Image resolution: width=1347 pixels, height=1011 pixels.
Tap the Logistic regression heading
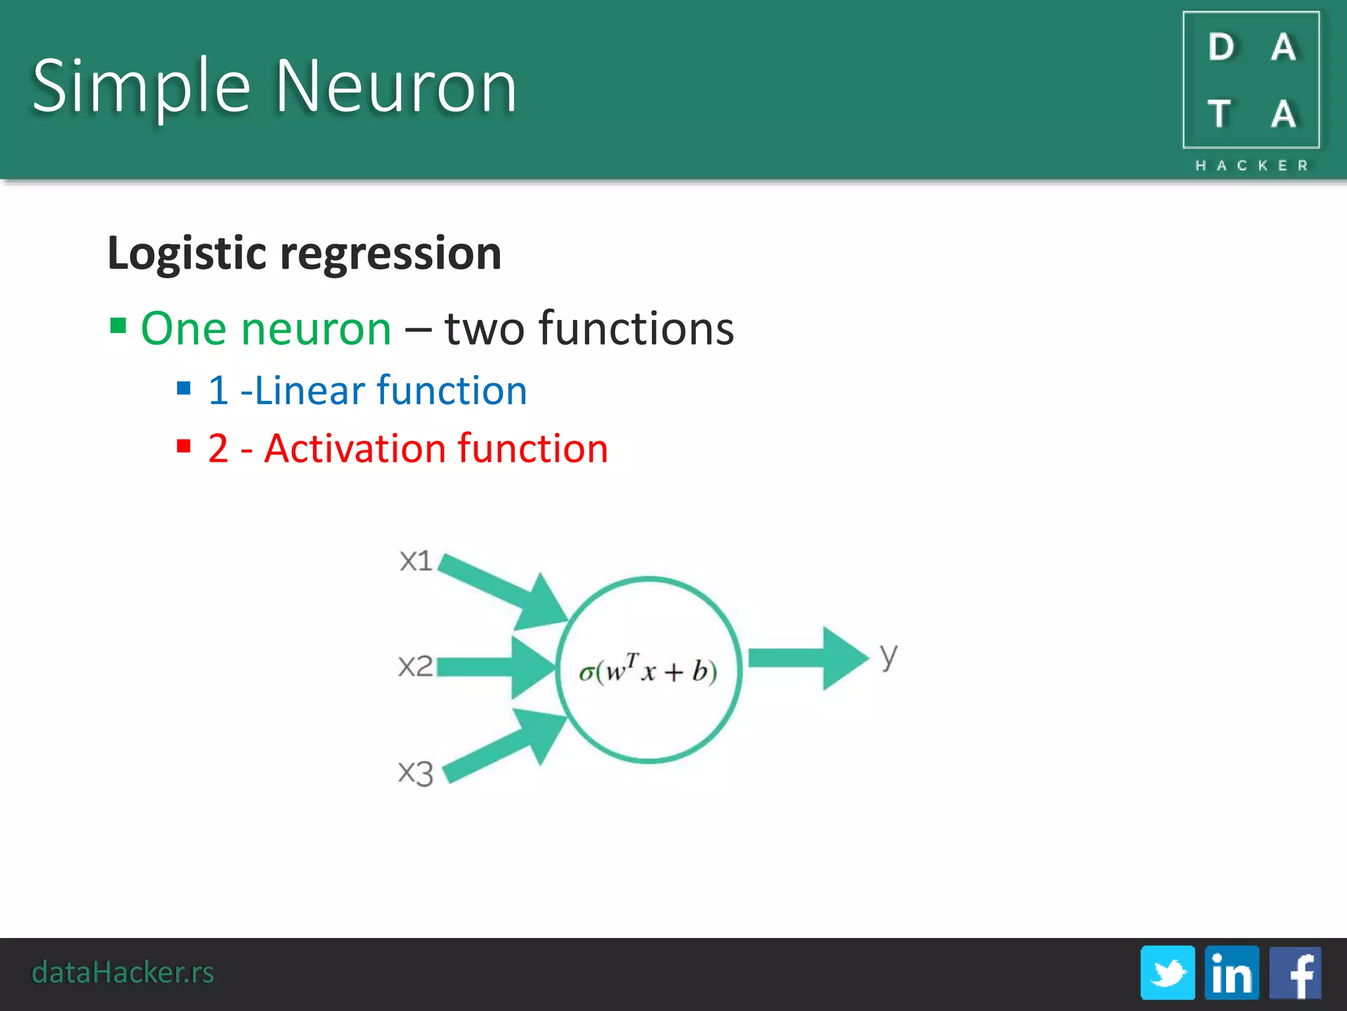tap(304, 253)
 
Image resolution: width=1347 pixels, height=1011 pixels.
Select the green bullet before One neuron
tap(118, 326)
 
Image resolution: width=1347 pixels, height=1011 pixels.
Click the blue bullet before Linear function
tap(184, 388)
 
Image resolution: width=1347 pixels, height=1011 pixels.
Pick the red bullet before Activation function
tap(184, 447)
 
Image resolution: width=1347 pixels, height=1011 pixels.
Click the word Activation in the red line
tap(355, 449)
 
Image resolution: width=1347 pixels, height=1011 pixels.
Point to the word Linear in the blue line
tap(310, 391)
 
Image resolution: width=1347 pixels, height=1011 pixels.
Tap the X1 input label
tap(416, 561)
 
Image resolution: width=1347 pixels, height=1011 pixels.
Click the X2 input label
tap(416, 666)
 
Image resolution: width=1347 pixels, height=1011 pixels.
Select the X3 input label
tap(416, 773)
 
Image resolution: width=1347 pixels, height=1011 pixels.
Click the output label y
tap(889, 656)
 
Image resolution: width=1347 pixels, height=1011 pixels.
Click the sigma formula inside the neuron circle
tap(648, 671)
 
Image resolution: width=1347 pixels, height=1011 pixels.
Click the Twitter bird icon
tap(1167, 973)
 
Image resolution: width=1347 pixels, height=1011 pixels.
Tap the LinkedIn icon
tap(1231, 973)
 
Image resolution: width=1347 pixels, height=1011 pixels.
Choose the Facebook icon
tap(1295, 973)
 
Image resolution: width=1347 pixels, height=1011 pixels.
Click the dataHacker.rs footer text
tap(123, 972)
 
